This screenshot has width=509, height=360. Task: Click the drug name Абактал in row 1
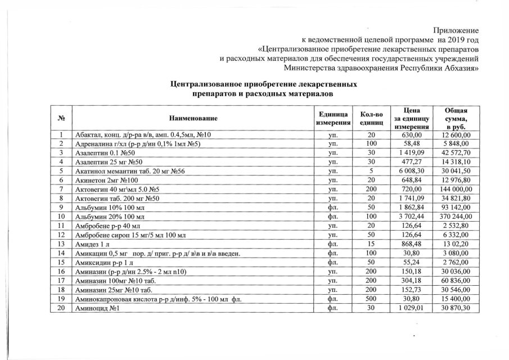(x=90, y=136)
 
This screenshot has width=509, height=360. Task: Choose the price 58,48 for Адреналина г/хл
(x=413, y=145)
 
